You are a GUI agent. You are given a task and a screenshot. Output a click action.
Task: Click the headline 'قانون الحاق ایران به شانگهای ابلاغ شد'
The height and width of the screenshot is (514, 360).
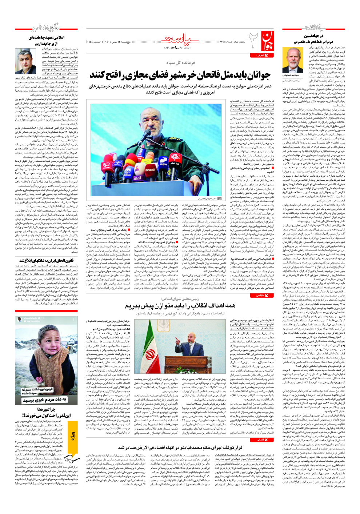coord(47,261)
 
